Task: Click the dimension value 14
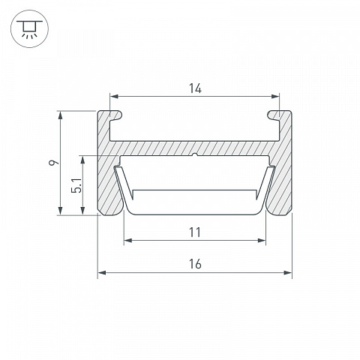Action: tap(195, 88)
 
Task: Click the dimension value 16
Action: tap(195, 264)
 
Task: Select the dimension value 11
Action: tap(195, 232)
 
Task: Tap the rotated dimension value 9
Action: tap(54, 163)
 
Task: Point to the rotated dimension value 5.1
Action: tap(76, 185)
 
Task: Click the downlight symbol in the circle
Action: tap(29, 28)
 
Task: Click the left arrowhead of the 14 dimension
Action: tap(114, 96)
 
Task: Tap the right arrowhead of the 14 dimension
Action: tap(275, 96)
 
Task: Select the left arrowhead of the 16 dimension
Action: tap(102, 272)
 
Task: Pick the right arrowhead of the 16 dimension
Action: tap(288, 272)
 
